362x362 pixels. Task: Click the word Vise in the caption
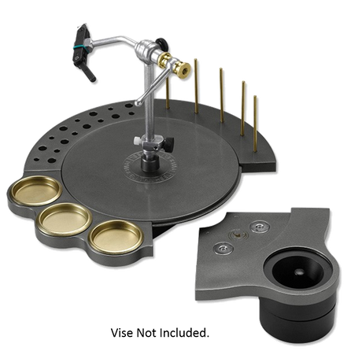coord(122,333)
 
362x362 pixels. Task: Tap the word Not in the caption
coord(146,333)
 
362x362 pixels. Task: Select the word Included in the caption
coord(184,333)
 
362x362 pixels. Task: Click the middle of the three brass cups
coord(65,220)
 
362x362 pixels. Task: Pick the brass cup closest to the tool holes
coord(36,190)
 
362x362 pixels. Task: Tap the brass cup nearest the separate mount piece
coord(116,237)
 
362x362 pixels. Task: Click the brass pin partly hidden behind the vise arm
coord(168,93)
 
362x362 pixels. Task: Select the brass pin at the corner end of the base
coord(255,124)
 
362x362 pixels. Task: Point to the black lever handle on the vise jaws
coord(90,73)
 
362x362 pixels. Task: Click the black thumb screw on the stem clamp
coord(170,145)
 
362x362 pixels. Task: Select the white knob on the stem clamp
coord(137,140)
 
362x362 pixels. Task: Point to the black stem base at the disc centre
coord(150,163)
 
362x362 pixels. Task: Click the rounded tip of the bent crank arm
coord(138,102)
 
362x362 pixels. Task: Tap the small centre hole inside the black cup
coord(299,272)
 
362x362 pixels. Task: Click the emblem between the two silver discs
coord(238,235)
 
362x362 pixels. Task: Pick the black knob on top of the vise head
coord(161,43)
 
